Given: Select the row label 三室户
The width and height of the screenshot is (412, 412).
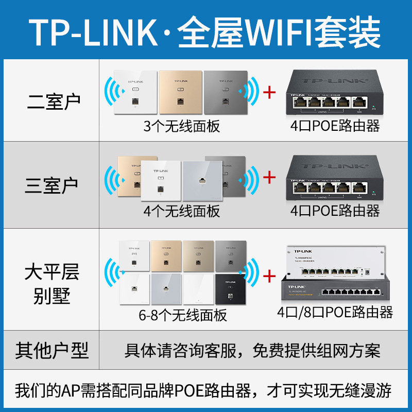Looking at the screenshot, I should (51, 184).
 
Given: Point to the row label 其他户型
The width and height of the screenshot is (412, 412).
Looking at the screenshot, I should (51, 351).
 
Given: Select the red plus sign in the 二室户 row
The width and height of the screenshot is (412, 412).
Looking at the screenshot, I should (269, 93).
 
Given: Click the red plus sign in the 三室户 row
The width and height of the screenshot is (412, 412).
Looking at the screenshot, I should (269, 178).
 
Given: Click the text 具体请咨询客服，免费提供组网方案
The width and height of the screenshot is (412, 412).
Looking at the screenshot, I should (252, 351).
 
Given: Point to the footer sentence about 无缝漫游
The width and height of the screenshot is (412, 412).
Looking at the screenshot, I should (205, 390).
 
